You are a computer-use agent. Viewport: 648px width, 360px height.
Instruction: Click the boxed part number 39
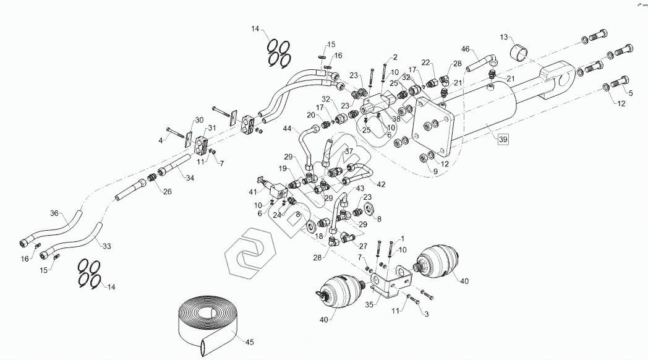coord(503,140)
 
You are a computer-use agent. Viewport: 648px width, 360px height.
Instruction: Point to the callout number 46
coord(466,48)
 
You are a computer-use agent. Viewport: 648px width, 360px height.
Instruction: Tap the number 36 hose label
coord(54,213)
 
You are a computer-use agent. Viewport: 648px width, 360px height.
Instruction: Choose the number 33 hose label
coord(106,246)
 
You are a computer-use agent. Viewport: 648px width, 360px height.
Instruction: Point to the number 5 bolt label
coord(631,93)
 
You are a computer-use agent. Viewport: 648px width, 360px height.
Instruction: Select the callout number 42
coord(381,184)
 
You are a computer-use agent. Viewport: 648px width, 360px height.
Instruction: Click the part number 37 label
coord(349,152)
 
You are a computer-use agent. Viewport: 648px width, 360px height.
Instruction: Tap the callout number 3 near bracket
coord(425,314)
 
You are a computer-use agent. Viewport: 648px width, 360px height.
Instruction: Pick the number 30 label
coord(198,120)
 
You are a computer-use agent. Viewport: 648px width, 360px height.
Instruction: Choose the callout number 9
coord(435,171)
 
